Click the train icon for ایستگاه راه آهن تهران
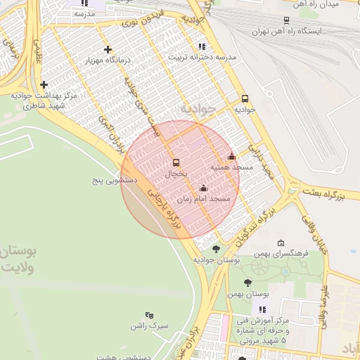pos(286,20)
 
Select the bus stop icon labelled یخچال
pos(176,162)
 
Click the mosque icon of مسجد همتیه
pos(232,157)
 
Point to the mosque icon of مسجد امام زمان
pos(204,188)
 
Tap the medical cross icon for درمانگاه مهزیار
pos(108,49)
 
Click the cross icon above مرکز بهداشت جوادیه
pos(44,84)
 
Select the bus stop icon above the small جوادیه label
pos(245,98)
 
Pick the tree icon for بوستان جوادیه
pos(216,248)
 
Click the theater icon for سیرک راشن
pos(149,316)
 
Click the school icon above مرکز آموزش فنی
pos(262,309)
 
